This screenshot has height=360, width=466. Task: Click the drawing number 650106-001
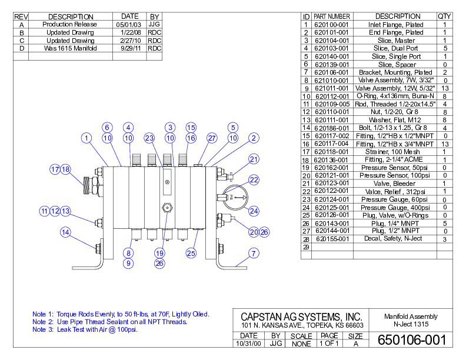point(411,340)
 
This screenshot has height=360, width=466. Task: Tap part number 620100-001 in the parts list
point(332,25)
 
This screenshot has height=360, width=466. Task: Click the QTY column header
point(444,16)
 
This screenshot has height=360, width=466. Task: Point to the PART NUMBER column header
point(332,16)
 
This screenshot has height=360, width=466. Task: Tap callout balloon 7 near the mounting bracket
point(254,254)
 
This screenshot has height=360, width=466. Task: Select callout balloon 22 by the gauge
point(254,179)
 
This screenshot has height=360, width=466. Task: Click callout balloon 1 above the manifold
point(87,138)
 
